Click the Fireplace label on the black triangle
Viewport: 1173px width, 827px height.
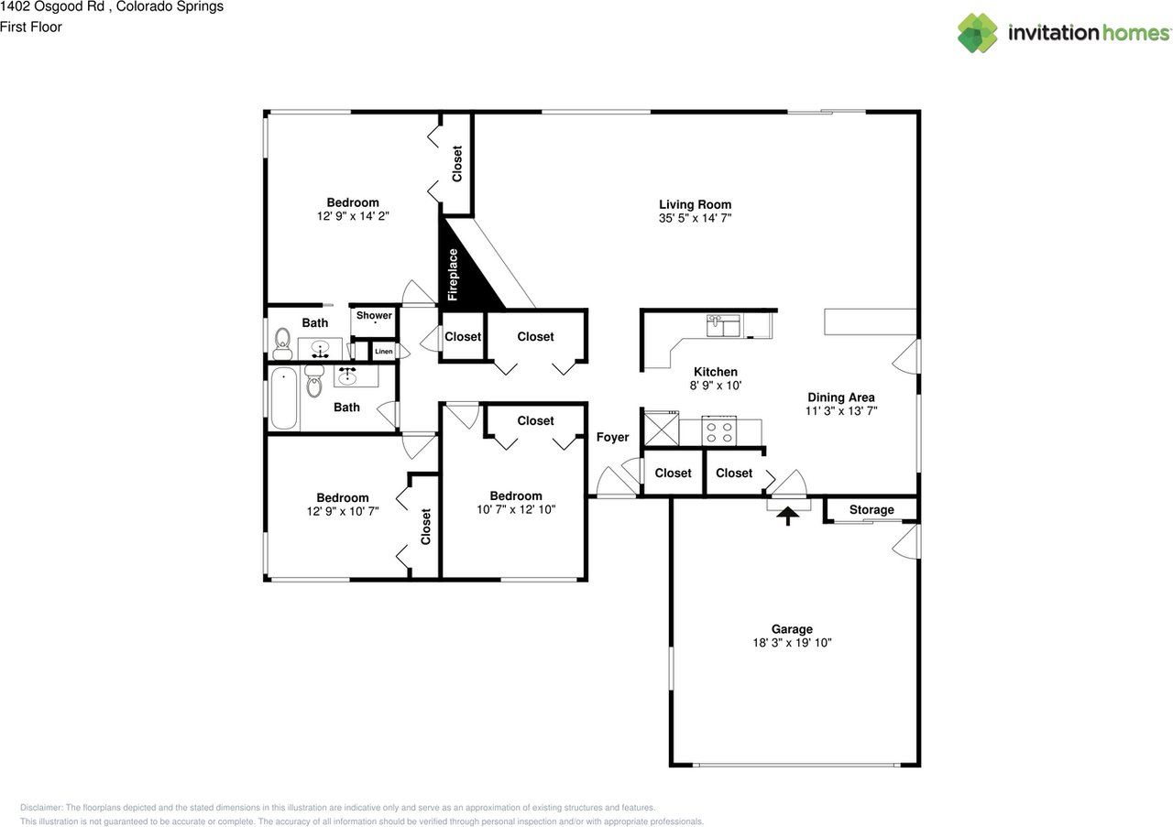coord(453,275)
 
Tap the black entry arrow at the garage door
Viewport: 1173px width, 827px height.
coord(786,517)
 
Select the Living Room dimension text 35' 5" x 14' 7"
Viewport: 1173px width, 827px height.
coord(695,219)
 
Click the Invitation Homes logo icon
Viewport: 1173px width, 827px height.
coord(978,33)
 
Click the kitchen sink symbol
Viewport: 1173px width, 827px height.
coord(723,324)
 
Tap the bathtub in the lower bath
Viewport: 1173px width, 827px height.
coord(284,398)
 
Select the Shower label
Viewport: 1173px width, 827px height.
coord(374,316)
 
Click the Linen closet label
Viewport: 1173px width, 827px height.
coord(383,352)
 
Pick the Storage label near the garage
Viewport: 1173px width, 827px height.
coord(871,510)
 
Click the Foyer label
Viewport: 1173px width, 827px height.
coord(612,438)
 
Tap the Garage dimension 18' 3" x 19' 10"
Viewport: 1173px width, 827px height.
coord(791,643)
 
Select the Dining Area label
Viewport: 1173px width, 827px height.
coord(840,397)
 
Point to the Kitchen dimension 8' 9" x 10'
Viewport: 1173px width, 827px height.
coord(715,386)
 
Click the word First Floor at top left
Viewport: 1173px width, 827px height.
coord(31,27)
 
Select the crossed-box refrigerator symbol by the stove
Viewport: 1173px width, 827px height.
coord(660,428)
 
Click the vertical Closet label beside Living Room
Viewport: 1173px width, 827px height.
coord(457,164)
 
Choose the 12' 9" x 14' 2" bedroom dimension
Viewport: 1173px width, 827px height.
coord(353,217)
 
